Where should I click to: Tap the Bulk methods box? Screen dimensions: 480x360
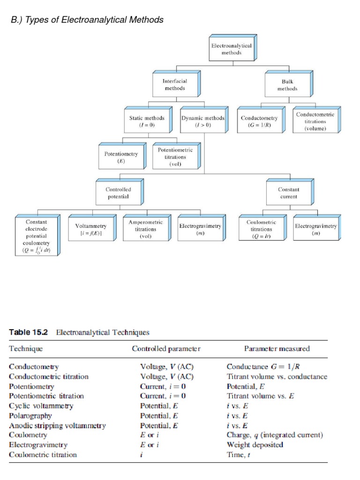click(287, 85)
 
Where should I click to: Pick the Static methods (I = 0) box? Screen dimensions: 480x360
click(147, 122)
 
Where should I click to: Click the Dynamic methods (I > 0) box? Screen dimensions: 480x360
click(202, 122)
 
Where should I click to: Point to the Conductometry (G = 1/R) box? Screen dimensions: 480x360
click(259, 122)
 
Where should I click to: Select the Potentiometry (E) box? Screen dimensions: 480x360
click(120, 157)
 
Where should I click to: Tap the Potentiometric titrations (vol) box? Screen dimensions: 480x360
click(175, 157)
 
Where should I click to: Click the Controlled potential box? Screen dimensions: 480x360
click(118, 193)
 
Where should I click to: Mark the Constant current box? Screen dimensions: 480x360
click(288, 193)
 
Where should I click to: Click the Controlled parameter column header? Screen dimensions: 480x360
click(166, 349)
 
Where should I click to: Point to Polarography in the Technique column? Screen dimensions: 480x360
click(30, 416)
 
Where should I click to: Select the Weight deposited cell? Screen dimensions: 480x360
click(255, 445)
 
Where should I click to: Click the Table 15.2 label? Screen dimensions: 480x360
click(29, 332)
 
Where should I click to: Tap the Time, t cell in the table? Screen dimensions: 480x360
click(238, 455)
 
